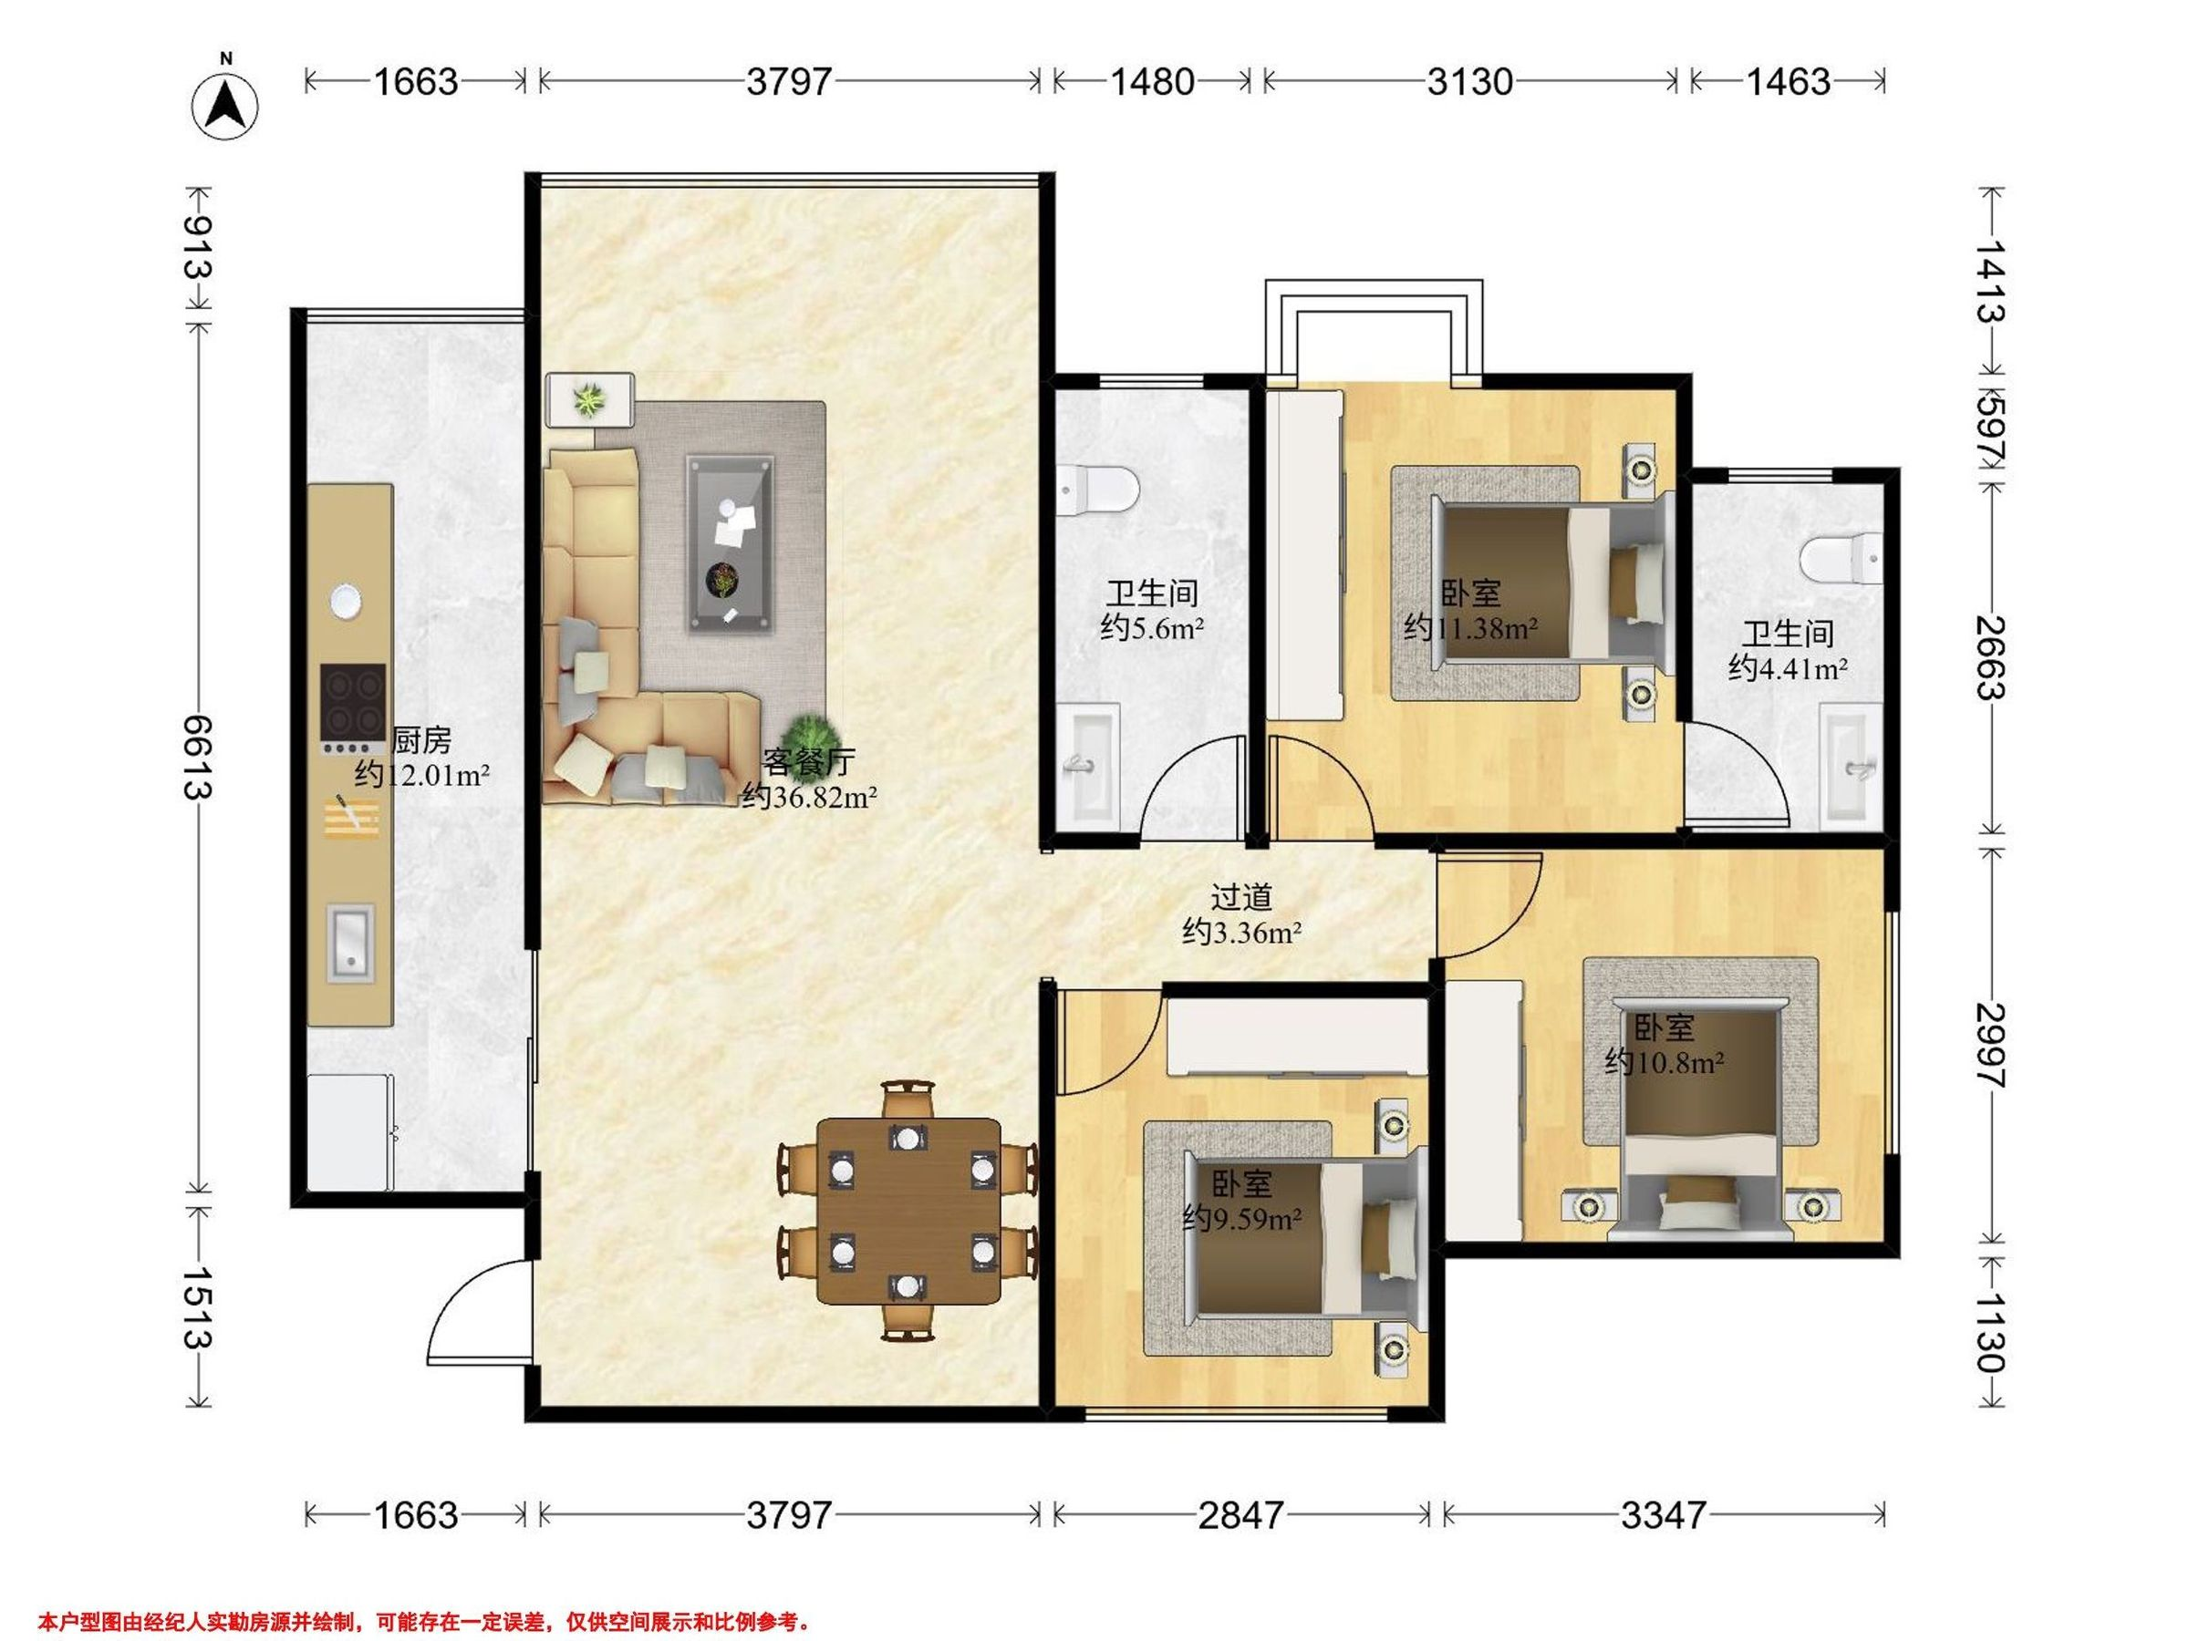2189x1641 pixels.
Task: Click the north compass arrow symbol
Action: click(225, 103)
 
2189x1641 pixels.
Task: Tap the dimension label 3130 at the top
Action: click(1469, 81)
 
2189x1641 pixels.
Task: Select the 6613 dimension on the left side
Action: click(198, 757)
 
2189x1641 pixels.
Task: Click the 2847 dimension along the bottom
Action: click(1241, 1514)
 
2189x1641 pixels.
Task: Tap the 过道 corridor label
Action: click(1242, 897)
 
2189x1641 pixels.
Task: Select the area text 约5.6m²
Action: click(1152, 627)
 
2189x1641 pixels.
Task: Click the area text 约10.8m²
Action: click(1665, 1062)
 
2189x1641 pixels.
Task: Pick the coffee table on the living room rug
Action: click(731, 543)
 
